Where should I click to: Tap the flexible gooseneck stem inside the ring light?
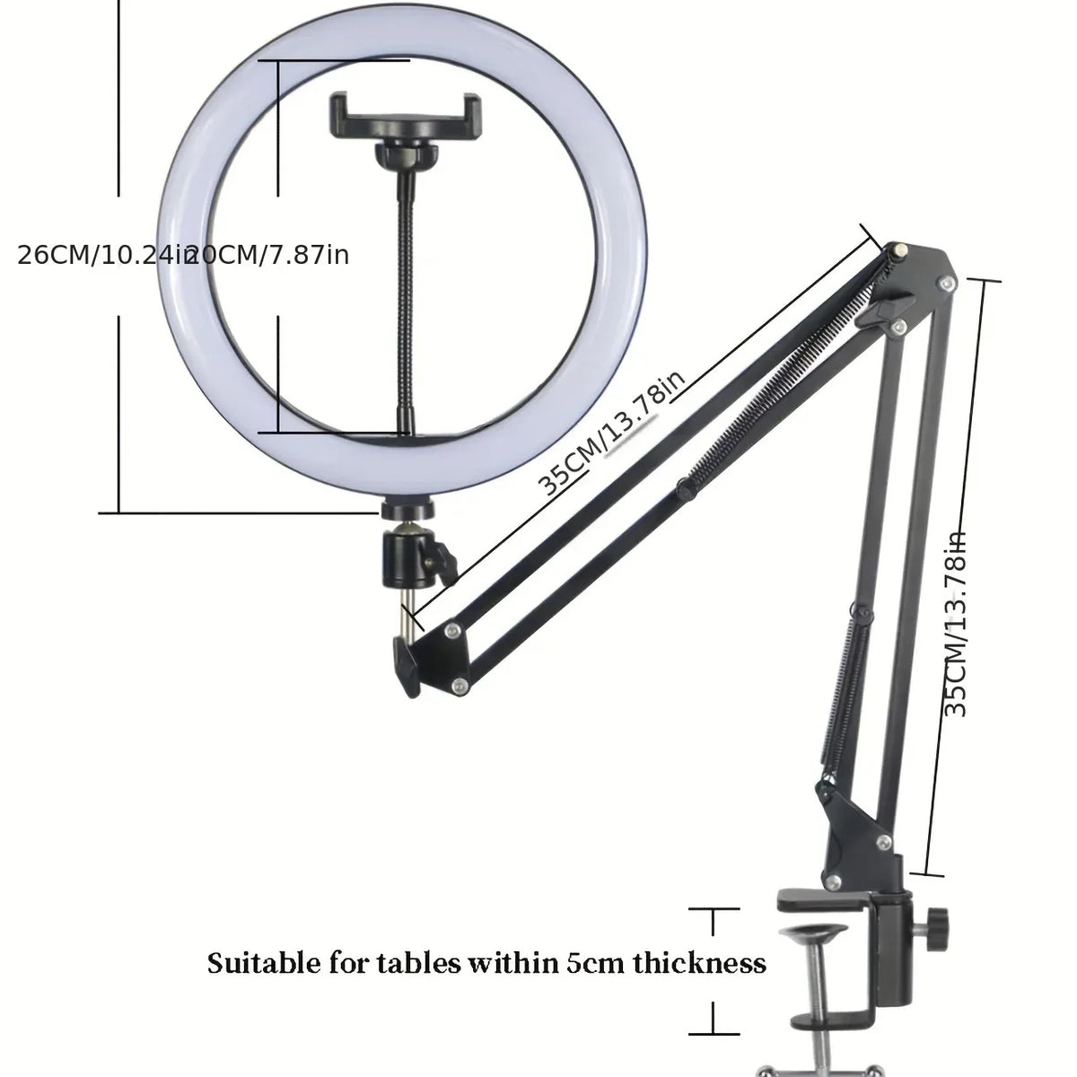403,305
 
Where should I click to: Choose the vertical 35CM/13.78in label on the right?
958,624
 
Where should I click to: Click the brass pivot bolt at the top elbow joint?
898,249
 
